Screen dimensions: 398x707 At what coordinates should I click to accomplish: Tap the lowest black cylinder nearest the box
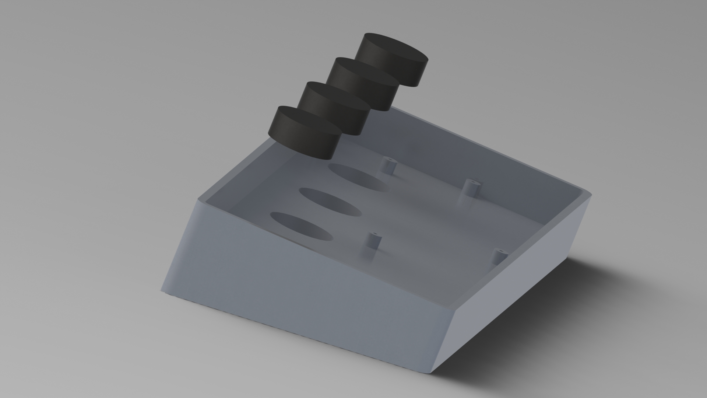pyautogui.click(x=303, y=133)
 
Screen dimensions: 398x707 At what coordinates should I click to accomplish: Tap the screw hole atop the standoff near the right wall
pyautogui.click(x=502, y=252)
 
